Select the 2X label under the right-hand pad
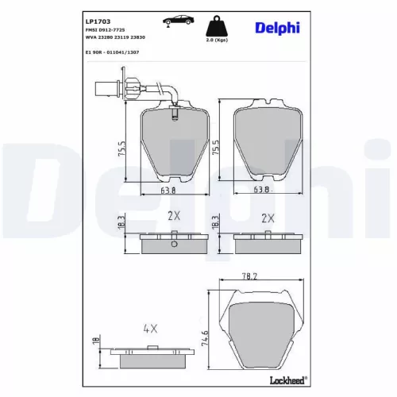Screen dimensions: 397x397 click(267, 217)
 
